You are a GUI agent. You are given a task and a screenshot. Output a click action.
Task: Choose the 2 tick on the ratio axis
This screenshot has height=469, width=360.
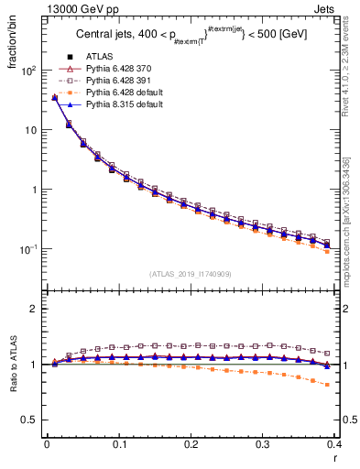click(x=32, y=309)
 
